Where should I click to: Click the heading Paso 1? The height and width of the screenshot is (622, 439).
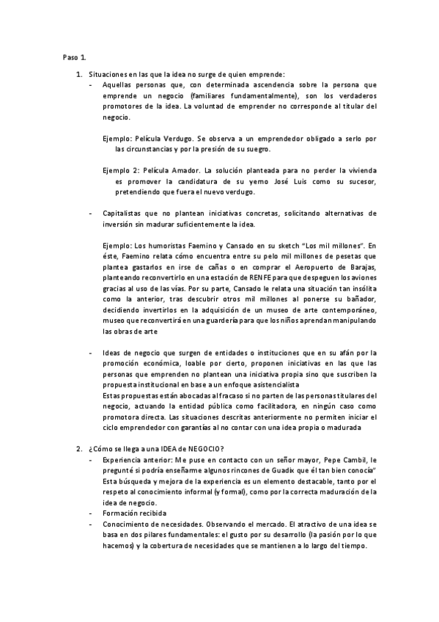tap(74, 56)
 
